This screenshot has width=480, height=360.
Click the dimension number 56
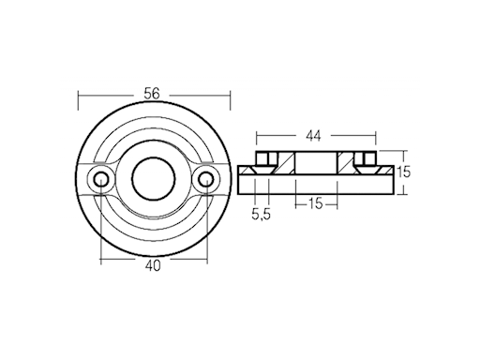(153, 93)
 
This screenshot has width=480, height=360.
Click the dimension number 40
(153, 265)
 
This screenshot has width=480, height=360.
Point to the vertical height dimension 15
(403, 172)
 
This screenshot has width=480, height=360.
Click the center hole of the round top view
(154, 177)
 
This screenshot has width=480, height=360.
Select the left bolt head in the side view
(264, 157)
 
